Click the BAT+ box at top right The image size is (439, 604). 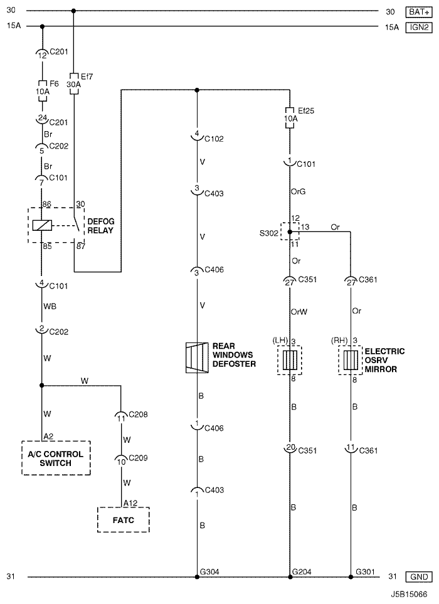419,12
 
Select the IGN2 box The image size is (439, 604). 419,28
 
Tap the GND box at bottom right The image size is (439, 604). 419,576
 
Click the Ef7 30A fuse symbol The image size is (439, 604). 74,83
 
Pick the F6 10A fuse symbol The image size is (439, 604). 43,92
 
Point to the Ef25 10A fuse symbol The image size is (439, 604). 290,117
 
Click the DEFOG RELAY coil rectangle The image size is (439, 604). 42,225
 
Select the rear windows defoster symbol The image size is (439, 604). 197,358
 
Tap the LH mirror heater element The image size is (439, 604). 290,360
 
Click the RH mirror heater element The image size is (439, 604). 351,360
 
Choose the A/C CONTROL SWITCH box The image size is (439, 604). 56,458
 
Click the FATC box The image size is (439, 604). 123,519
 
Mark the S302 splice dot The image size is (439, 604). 290,232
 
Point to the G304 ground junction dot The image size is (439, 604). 197,577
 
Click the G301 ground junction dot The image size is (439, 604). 351,577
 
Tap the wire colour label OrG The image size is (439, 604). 298,191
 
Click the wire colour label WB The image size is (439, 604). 50,306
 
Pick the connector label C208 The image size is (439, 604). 138,415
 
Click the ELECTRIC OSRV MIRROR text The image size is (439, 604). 384,360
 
